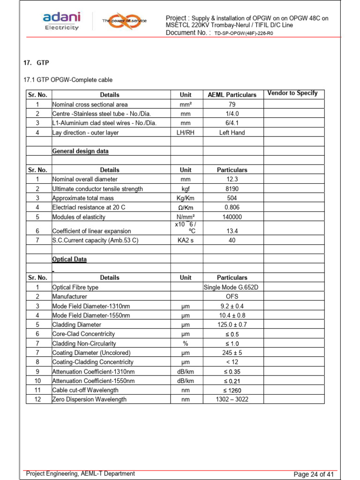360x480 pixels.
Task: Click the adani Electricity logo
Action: pyautogui.click(x=61, y=21)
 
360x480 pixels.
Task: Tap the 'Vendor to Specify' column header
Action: pyautogui.click(x=292, y=93)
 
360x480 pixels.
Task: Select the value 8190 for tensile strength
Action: pyautogui.click(x=232, y=189)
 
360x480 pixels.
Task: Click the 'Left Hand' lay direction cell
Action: pyautogui.click(x=232, y=133)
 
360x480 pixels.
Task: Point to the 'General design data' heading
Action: pyautogui.click(x=80, y=151)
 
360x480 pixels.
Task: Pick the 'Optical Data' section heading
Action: pyautogui.click(x=69, y=259)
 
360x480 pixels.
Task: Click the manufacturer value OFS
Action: pyautogui.click(x=232, y=297)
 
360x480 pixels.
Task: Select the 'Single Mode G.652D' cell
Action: pyautogui.click(x=232, y=287)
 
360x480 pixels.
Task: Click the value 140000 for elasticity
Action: pyautogui.click(x=232, y=217)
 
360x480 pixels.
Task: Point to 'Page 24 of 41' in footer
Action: pyautogui.click(x=313, y=474)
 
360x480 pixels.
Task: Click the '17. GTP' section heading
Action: pyautogui.click(x=37, y=63)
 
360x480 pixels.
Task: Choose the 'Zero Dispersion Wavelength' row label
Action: pyautogui.click(x=89, y=400)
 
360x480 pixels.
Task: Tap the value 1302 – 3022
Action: pyautogui.click(x=232, y=400)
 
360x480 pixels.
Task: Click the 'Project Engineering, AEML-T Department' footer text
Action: pyautogui.click(x=81, y=474)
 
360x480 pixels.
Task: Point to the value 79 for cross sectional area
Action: pyautogui.click(x=232, y=105)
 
